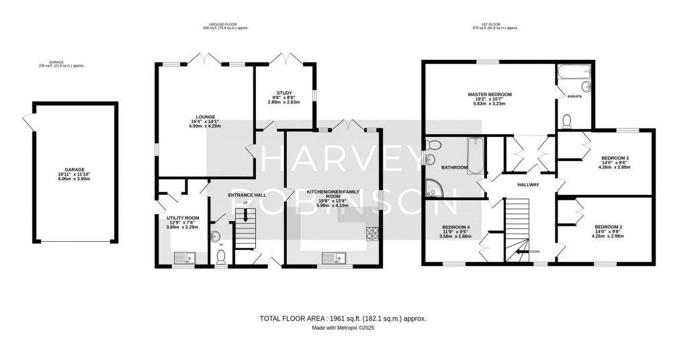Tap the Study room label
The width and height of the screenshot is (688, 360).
click(284, 93)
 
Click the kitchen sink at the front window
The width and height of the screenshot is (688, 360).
click(333, 257)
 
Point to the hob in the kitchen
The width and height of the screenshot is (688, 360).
click(372, 234)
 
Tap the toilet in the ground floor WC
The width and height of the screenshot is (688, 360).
click(222, 256)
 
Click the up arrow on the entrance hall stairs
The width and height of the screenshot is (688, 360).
click(246, 216)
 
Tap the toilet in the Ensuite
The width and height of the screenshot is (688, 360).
click(566, 121)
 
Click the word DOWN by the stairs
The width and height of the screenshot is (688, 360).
click(534, 252)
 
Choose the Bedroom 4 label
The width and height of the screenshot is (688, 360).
click(455, 227)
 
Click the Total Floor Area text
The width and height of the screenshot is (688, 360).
click(343, 319)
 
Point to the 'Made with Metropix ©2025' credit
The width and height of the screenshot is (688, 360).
click(343, 329)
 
